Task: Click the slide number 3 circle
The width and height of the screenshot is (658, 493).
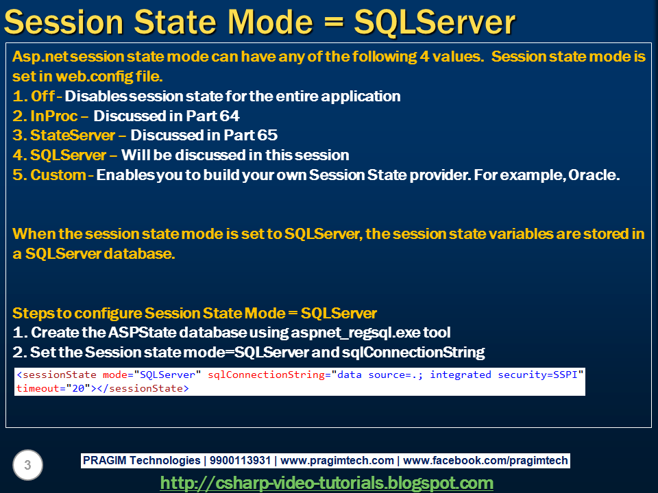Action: click(x=27, y=465)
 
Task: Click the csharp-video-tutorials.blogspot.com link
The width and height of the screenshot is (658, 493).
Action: click(x=326, y=483)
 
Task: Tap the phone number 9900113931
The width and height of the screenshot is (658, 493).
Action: click(x=240, y=460)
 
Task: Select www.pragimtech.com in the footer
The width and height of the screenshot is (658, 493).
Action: click(x=337, y=460)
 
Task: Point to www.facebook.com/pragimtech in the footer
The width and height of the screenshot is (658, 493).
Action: click(x=485, y=460)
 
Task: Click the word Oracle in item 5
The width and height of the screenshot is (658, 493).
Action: click(x=594, y=175)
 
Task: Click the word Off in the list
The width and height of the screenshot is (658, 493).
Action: click(x=42, y=96)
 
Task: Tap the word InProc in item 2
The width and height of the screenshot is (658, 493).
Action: click(x=53, y=116)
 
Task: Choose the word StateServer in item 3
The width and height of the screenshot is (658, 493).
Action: click(x=73, y=135)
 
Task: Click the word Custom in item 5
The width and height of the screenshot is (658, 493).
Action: click(x=58, y=175)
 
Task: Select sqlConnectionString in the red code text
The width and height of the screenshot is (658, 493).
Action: click(x=267, y=375)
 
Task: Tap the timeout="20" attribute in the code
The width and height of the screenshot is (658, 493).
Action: click(x=53, y=388)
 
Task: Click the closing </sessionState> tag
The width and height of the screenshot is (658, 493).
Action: click(x=143, y=388)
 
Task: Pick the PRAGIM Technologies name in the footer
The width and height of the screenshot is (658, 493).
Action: click(x=141, y=460)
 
